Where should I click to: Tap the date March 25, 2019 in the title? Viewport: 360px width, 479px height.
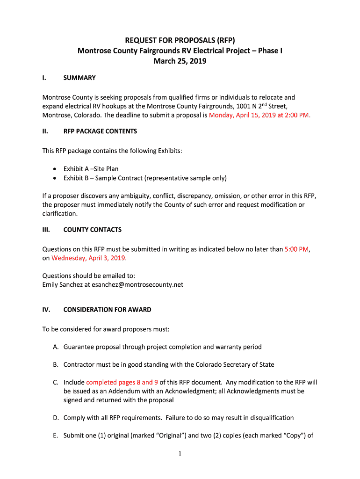click(180, 61)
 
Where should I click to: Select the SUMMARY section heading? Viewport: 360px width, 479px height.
click(79, 78)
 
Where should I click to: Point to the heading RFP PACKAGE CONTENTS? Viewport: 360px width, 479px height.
click(100, 131)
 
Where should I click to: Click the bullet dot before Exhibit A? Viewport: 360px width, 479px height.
click(55, 169)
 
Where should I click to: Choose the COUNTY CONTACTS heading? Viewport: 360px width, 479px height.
click(93, 230)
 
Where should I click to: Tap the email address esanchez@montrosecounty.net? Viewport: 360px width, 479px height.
click(137, 284)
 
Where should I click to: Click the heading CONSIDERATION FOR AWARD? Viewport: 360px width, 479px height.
click(108, 310)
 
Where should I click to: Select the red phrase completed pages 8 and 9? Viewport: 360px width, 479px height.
click(122, 382)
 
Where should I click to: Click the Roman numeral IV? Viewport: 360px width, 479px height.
click(46, 310)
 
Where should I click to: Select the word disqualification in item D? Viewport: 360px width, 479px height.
click(266, 418)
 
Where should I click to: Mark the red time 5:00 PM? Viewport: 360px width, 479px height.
click(296, 249)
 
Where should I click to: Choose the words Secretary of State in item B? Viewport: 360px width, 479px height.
click(248, 364)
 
